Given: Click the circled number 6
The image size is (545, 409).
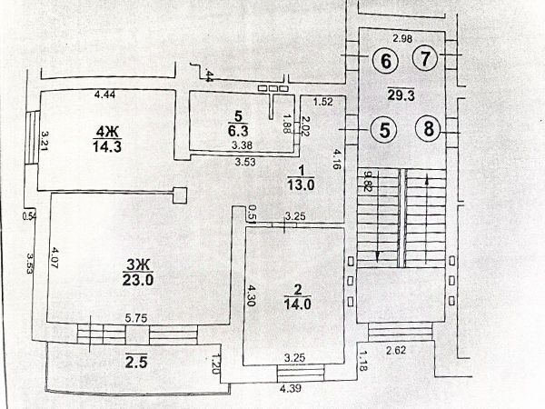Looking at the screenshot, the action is click(386, 62).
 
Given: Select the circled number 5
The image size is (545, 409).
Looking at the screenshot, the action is click(385, 129).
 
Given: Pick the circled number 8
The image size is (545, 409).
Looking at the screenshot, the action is click(428, 128).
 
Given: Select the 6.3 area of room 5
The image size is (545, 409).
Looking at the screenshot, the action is click(237, 130).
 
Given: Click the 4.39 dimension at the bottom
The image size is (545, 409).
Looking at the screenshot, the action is click(290, 388).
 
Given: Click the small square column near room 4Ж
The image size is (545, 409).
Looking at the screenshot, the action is click(180, 194).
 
